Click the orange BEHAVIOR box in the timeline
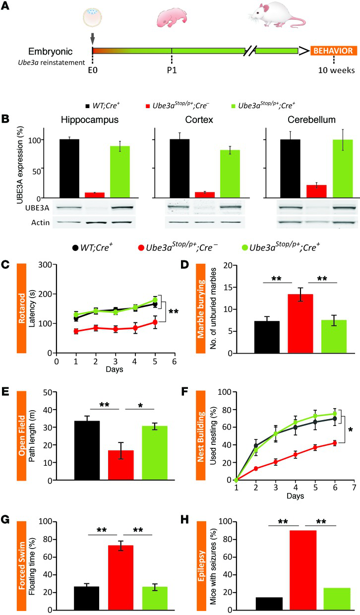coord(333,51)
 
